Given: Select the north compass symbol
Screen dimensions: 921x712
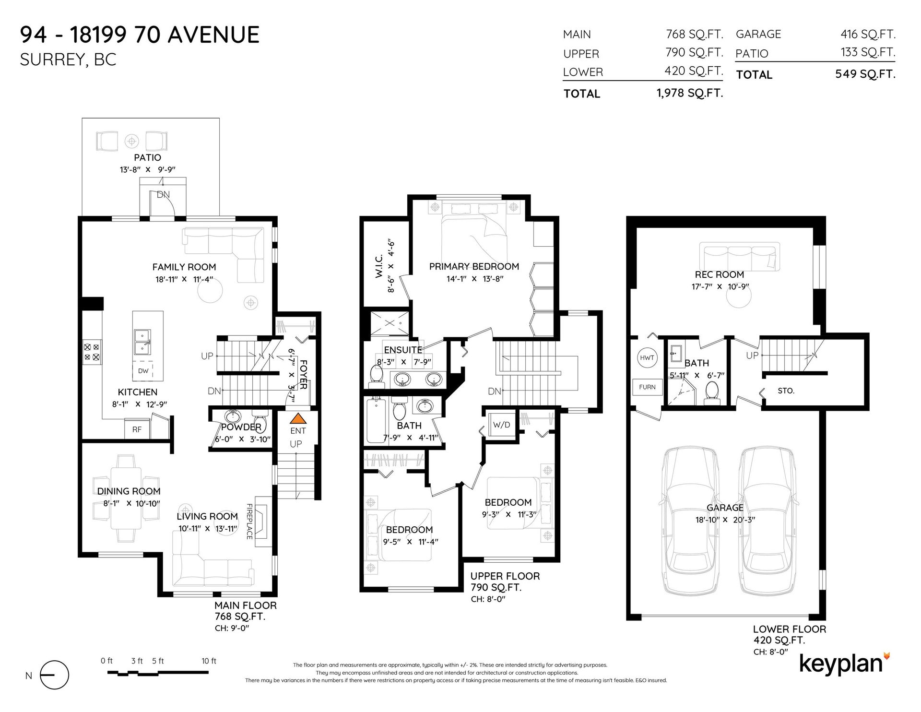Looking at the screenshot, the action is (54, 675).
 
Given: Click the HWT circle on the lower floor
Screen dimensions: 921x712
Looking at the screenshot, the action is (647, 357).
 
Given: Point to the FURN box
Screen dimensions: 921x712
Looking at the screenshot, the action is (647, 387).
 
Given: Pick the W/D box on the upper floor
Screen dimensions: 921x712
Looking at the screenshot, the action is (502, 425).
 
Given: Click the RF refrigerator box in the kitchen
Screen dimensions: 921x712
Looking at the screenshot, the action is (137, 429).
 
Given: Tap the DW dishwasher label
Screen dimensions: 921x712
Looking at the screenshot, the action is (143, 371).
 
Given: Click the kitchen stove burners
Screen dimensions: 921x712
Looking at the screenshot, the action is (92, 352).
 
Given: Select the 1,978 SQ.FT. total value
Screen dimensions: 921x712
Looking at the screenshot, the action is (689, 93).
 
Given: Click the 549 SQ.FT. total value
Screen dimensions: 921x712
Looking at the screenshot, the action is (865, 74).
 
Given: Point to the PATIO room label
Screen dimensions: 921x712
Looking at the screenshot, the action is (147, 157).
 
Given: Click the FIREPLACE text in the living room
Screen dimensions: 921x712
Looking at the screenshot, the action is (249, 522).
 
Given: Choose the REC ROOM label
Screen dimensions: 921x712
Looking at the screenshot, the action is (719, 274).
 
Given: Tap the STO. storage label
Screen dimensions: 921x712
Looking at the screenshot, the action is (786, 391).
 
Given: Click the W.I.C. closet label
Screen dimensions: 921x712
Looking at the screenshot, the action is (379, 266).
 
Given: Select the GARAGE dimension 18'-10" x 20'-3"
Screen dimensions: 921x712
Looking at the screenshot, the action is (725, 520).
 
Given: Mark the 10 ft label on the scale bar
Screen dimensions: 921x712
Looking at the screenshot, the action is (209, 661).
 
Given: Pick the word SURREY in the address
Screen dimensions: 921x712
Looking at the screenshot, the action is (52, 59).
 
